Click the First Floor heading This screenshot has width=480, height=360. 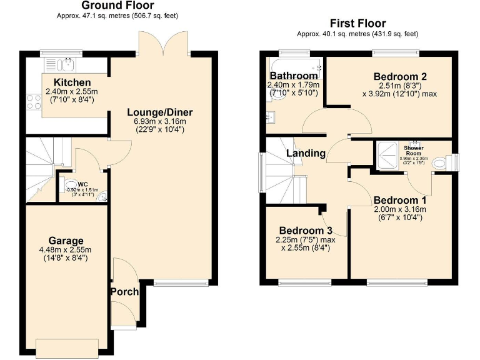[x=357, y=24]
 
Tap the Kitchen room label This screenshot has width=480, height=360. [x=72, y=82]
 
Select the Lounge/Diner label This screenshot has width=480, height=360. [x=160, y=112]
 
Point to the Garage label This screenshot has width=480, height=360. [x=66, y=241]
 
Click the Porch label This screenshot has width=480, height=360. [x=124, y=292]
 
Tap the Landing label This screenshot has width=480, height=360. [x=306, y=153]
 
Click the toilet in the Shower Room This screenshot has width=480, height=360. [x=440, y=162]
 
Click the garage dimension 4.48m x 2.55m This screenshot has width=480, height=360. [x=66, y=251]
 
